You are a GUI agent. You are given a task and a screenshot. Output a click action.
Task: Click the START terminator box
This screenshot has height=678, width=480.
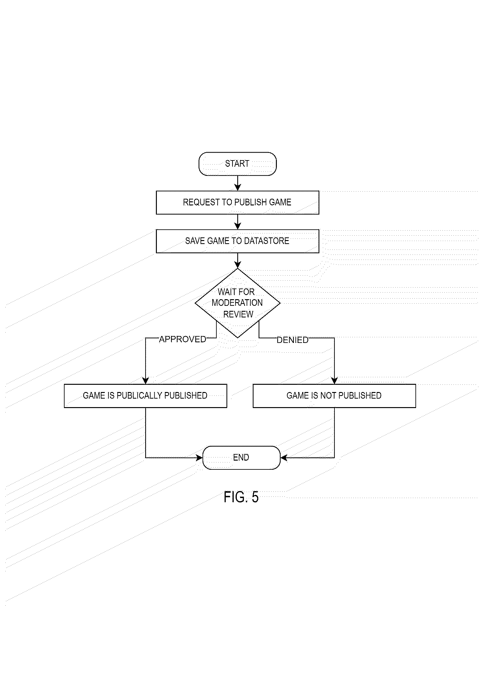[x=237, y=164]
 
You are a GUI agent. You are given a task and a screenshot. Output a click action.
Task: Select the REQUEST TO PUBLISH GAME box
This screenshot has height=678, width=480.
[x=237, y=202]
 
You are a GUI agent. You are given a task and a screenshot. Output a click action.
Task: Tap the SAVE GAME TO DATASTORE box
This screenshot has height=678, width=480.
[x=237, y=241]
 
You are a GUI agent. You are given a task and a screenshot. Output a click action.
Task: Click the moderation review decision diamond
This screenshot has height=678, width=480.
[x=237, y=303]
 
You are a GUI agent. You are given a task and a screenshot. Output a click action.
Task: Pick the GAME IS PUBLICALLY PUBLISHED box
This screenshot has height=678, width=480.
[x=145, y=395]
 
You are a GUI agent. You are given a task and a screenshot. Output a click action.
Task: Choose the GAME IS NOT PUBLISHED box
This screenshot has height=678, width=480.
[x=334, y=395]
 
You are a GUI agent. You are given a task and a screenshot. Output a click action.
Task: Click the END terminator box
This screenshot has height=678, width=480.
[x=241, y=457]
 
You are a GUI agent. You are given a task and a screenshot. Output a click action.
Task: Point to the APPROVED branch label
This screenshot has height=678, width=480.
[x=182, y=339]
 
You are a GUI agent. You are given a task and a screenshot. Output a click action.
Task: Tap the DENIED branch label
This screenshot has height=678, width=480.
[x=292, y=340]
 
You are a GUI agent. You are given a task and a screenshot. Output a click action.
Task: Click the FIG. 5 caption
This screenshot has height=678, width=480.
[x=241, y=497]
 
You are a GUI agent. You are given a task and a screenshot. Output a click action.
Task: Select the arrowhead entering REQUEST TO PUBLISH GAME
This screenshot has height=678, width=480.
[x=237, y=188]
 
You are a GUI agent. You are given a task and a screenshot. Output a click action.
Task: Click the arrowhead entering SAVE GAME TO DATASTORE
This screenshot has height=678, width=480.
[x=237, y=226]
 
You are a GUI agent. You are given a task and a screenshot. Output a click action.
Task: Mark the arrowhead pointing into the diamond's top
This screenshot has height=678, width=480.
[x=237, y=265]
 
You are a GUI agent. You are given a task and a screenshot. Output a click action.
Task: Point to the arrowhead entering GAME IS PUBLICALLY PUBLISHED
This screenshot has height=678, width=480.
[x=146, y=381]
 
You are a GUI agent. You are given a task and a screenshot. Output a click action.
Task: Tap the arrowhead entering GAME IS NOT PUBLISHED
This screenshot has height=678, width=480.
[x=334, y=381]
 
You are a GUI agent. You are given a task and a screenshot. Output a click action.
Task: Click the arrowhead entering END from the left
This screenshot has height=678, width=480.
[x=199, y=457]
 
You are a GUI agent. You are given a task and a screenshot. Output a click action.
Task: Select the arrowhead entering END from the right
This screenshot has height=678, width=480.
[x=284, y=457]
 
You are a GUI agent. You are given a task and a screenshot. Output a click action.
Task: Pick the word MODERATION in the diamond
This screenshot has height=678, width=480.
[x=237, y=303]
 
